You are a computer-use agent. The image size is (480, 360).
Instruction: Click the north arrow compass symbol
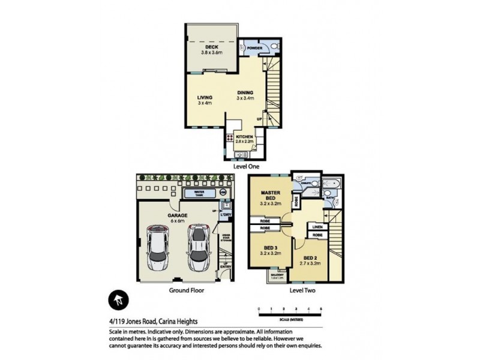tap(118, 300)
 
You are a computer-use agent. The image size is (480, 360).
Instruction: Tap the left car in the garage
tap(158, 248)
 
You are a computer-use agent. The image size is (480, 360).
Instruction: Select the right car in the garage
tap(198, 247)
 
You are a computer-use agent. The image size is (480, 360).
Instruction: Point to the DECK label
tap(211, 47)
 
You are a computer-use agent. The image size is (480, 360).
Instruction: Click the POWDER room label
tap(253, 47)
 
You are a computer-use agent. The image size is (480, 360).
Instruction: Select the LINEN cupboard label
tap(317, 227)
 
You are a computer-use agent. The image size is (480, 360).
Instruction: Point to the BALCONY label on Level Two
tap(277, 277)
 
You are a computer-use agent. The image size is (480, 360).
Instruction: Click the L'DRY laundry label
tap(226, 214)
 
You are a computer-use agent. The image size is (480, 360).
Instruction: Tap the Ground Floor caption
tap(187, 290)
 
